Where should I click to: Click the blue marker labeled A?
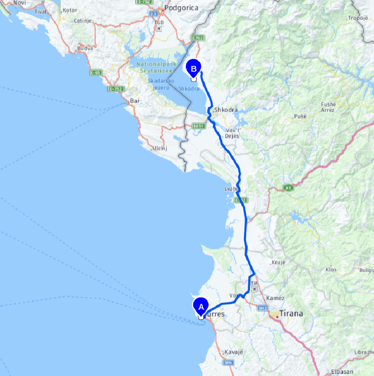click(201, 306)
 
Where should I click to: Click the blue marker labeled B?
click(194, 67)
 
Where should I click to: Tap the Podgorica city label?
click(181, 8)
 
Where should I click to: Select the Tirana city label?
click(291, 314)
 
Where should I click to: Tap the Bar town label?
click(134, 101)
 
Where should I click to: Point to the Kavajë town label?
click(234, 353)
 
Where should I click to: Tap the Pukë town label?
click(300, 117)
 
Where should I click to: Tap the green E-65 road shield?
click(95, 73)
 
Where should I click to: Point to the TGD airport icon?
click(158, 29)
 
